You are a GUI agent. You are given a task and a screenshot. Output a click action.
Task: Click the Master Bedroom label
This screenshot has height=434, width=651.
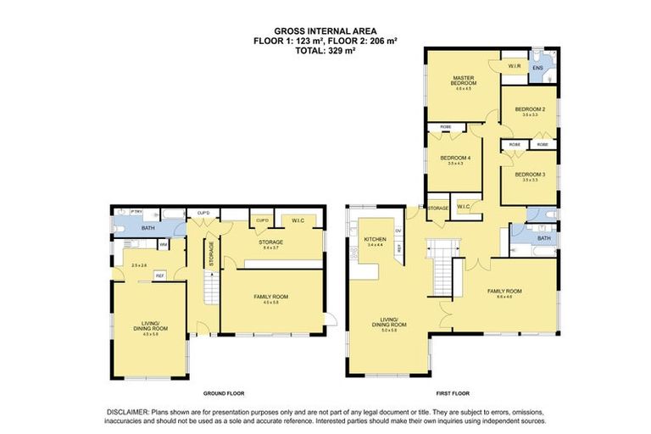click(x=465, y=81)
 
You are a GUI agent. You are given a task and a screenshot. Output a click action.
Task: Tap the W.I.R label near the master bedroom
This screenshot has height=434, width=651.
click(x=514, y=65)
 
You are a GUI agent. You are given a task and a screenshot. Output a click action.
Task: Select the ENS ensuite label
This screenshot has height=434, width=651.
click(x=537, y=66)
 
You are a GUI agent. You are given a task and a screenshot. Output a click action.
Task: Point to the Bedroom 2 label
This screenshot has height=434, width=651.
click(x=531, y=109)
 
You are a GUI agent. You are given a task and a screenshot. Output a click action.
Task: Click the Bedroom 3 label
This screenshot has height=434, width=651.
click(x=531, y=175)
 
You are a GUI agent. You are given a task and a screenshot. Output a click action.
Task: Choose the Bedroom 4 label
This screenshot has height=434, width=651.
click(x=456, y=159)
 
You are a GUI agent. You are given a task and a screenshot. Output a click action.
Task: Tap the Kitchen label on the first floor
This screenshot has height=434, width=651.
click(x=375, y=240)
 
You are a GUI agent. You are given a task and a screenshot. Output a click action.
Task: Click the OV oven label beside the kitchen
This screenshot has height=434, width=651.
click(x=398, y=230)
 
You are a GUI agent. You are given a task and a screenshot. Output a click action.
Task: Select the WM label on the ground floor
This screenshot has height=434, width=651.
click(x=163, y=245)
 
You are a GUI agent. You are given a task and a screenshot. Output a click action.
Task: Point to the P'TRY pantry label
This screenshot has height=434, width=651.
click(x=124, y=212)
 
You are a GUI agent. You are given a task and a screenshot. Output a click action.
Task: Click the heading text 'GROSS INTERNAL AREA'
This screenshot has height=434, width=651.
click(x=325, y=31)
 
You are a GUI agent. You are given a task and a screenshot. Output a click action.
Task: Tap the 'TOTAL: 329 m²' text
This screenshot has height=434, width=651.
click(x=325, y=50)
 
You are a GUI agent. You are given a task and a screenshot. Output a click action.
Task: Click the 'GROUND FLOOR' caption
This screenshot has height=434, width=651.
click(x=224, y=394)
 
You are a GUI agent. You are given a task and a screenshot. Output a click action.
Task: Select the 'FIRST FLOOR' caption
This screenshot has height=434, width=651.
click(x=452, y=394)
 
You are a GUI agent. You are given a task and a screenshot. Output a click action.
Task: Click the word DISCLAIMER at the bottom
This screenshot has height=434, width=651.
click(x=126, y=411)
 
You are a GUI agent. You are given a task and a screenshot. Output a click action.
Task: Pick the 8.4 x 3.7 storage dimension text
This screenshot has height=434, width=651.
click(x=270, y=248)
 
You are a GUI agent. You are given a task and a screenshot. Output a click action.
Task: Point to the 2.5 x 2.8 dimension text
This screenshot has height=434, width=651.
click(x=139, y=266)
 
